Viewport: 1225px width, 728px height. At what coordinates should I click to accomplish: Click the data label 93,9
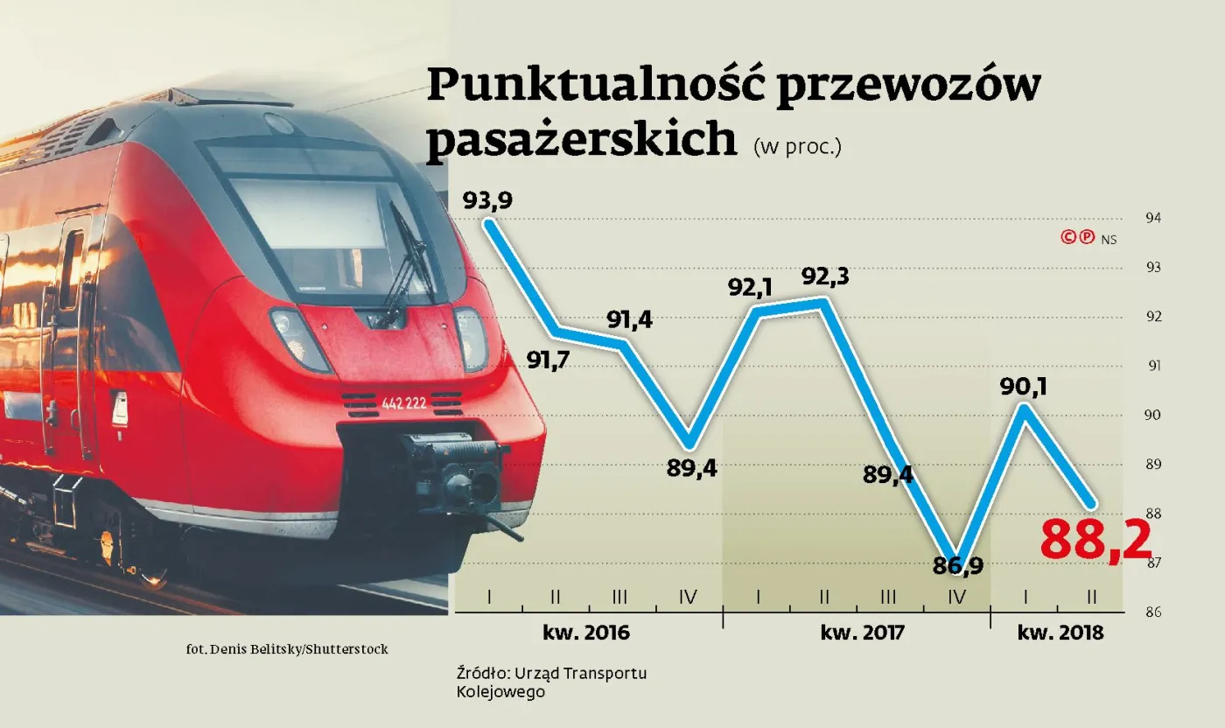(x=487, y=201)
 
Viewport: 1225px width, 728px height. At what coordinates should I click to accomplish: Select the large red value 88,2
(x=1095, y=540)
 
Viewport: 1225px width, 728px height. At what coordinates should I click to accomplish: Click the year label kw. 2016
(x=587, y=632)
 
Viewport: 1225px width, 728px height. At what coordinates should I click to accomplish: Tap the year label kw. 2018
(x=1060, y=632)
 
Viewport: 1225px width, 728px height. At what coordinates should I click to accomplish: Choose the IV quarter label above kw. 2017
(x=955, y=597)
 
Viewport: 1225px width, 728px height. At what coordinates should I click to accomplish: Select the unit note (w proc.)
(x=797, y=147)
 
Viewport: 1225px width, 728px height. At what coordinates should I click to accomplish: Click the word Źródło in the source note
(x=481, y=673)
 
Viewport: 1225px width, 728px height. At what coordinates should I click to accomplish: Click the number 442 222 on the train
(x=403, y=403)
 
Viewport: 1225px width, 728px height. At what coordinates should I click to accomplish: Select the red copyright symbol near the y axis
(x=1068, y=236)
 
